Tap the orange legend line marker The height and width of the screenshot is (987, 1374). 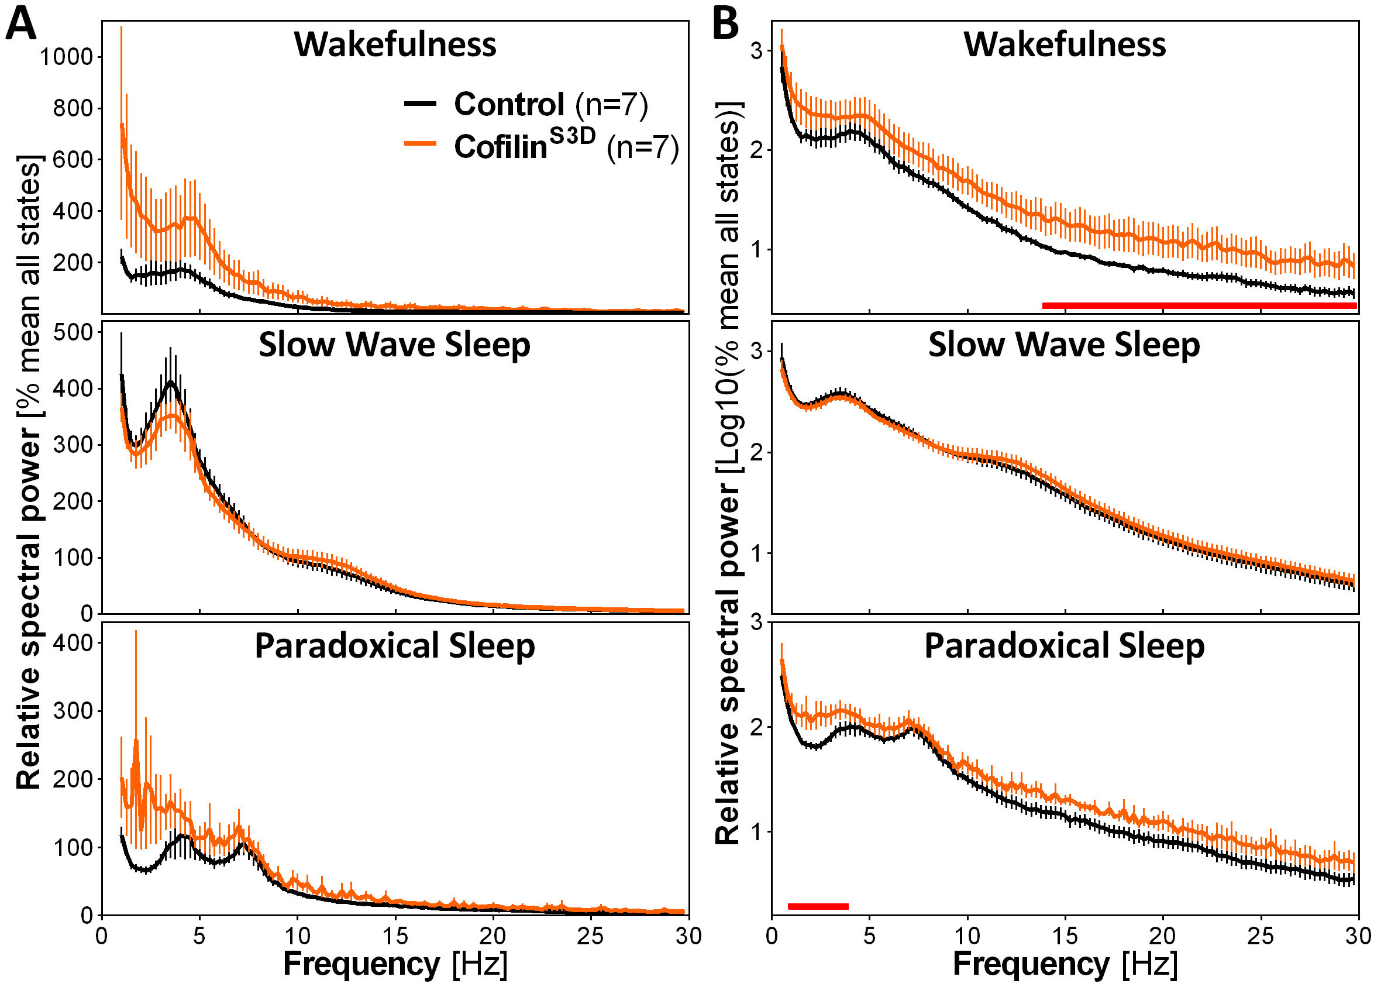pos(420,143)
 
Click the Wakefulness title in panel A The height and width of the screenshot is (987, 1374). pos(395,44)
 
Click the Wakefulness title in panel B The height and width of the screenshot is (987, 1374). pos(1065,44)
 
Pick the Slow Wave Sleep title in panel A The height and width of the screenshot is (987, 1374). pos(394,345)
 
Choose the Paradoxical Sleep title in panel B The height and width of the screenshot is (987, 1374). pos(1064,646)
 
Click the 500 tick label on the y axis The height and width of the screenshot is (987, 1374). pos(73,332)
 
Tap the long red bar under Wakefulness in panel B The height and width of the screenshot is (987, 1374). pos(1199,305)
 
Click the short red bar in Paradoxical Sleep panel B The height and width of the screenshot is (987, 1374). pos(818,906)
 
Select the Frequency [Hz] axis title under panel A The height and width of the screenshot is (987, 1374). pos(395,964)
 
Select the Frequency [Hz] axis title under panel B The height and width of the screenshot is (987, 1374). pos(1065,964)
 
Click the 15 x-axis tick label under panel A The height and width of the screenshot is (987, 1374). pos(395,937)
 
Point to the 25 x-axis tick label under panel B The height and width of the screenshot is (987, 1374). pos(1260,937)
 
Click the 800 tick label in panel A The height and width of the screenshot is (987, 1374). pos(73,108)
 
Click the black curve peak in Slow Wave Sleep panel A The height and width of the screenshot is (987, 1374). pos(171,382)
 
